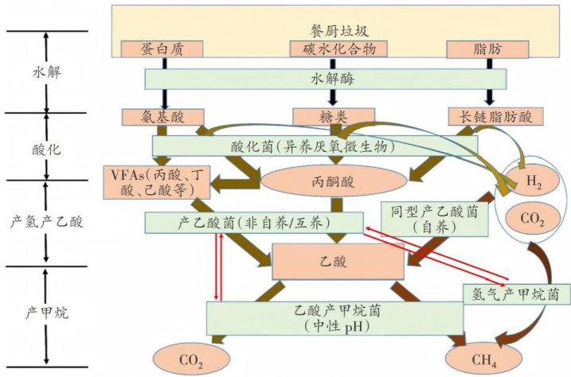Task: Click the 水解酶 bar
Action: click(x=328, y=79)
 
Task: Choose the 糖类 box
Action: click(x=327, y=116)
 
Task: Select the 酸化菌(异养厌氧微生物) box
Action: click(x=315, y=146)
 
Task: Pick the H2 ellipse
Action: click(x=528, y=181)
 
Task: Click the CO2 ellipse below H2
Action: click(x=528, y=219)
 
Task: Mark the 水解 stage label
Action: click(x=47, y=70)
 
